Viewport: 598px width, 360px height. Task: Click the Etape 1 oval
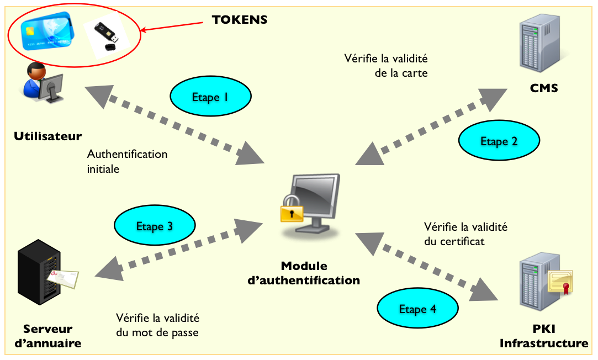click(210, 97)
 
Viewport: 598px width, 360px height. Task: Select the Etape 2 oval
click(499, 141)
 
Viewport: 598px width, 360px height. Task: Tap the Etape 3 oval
click(155, 226)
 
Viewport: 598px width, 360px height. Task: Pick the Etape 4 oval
click(418, 309)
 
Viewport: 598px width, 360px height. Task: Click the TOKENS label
click(240, 20)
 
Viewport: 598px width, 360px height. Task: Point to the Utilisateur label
click(47, 136)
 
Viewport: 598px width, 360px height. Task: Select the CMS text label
click(544, 88)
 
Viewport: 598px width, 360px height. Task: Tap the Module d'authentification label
click(304, 273)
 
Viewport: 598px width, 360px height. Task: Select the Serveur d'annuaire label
click(48, 336)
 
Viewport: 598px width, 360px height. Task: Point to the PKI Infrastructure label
click(544, 336)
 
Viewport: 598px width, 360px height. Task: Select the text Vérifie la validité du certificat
click(465, 234)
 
